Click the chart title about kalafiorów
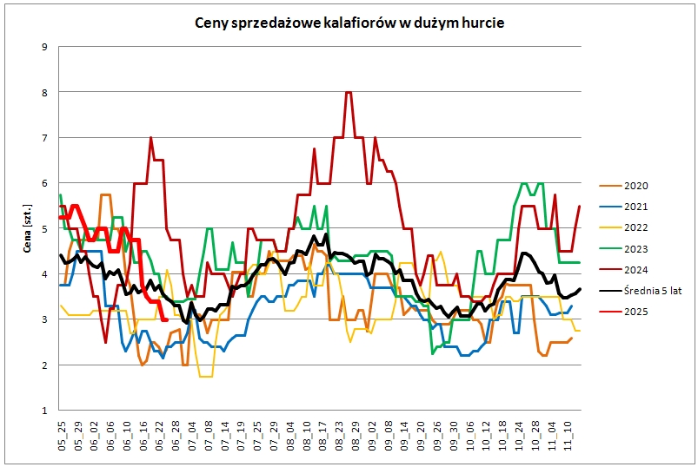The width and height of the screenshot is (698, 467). pyautogui.click(x=349, y=23)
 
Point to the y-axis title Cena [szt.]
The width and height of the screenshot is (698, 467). pyautogui.click(x=29, y=227)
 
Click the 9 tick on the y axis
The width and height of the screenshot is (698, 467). pyautogui.click(x=45, y=46)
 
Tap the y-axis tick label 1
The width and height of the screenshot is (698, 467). pyautogui.click(x=45, y=411)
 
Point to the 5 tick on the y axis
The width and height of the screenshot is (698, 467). pyautogui.click(x=45, y=228)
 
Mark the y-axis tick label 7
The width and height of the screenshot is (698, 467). pyautogui.click(x=45, y=137)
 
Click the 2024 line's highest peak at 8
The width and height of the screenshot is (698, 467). pyautogui.click(x=349, y=92)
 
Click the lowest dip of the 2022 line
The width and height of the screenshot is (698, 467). pyautogui.click(x=206, y=376)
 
